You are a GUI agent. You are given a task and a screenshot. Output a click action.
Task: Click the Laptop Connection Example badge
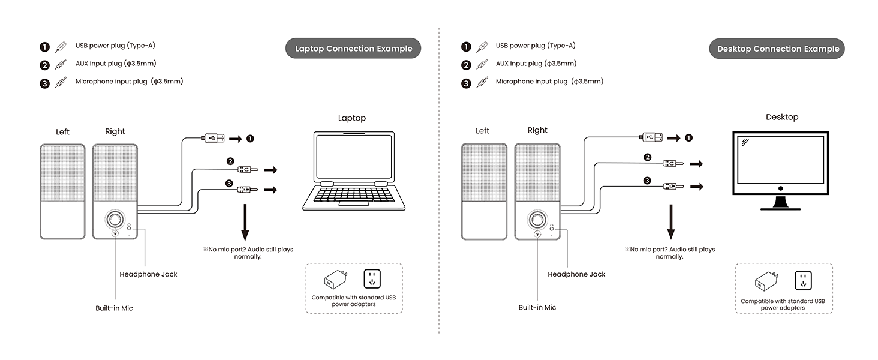[x=353, y=49]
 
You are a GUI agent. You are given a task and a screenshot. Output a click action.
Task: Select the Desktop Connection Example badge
[x=778, y=49]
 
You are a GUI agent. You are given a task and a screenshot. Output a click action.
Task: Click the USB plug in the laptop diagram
[x=213, y=138]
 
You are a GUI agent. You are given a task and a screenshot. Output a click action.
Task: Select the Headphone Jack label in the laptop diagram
[x=148, y=274]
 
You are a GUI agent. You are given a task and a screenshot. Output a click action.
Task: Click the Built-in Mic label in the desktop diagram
[x=537, y=307]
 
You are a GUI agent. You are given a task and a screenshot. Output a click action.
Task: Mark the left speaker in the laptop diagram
[x=62, y=191]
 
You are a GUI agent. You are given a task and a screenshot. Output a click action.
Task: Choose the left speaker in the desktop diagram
[x=484, y=191]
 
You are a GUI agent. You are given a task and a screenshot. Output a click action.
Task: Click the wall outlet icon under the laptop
[x=372, y=279]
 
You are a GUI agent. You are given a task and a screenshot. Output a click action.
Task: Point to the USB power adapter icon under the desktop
[x=766, y=281]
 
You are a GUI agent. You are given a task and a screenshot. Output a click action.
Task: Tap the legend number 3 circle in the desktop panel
[x=466, y=83]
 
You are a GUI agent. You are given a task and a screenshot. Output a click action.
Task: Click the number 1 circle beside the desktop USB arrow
[x=688, y=138]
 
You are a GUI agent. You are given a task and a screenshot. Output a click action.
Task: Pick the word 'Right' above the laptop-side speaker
[x=115, y=131]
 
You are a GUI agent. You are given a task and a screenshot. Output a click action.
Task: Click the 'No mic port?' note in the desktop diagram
[x=669, y=253]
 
